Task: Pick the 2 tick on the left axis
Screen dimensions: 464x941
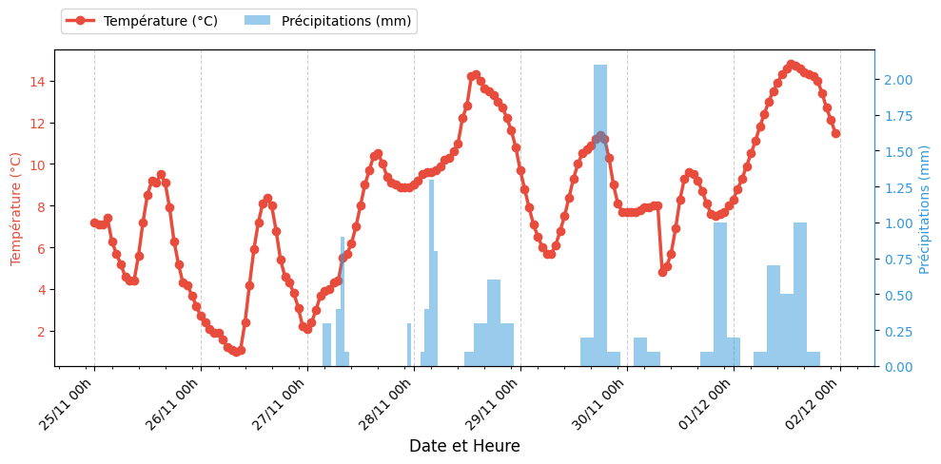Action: [x=40, y=332]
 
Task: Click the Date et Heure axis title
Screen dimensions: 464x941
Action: [x=464, y=446]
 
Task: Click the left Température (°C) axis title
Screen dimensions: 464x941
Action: [x=16, y=208]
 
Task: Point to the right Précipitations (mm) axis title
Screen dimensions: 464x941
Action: [x=925, y=209]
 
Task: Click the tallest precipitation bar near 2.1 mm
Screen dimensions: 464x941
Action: [x=600, y=215]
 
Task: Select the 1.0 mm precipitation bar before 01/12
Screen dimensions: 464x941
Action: [x=720, y=295]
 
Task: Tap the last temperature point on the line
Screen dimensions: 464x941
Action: [x=835, y=133]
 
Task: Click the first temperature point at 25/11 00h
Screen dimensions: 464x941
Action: [x=94, y=222]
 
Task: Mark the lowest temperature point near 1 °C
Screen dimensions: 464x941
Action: [x=236, y=352]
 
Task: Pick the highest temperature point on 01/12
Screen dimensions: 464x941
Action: [x=791, y=65]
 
